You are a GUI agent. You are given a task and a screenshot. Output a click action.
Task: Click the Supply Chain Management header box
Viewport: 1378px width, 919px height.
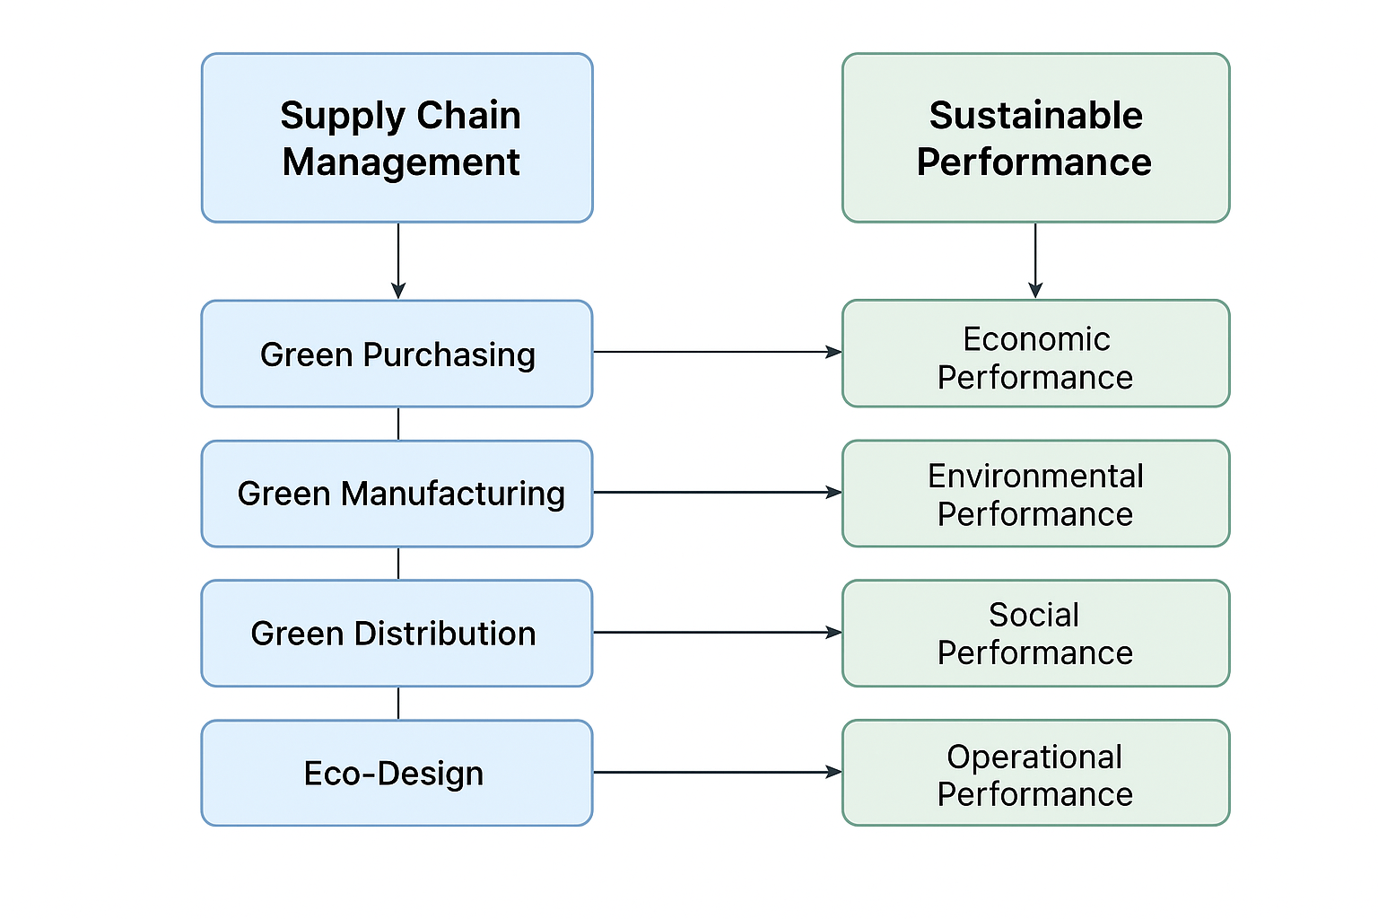[397, 138]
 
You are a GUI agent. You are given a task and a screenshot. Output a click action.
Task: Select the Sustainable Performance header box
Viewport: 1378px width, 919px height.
[1036, 138]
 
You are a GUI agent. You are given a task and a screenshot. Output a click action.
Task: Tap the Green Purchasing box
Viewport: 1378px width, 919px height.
[397, 354]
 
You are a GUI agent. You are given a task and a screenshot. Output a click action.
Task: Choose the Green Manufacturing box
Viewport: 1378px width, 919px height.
[397, 494]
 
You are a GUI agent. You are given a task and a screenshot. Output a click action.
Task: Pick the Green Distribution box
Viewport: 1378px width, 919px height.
[397, 634]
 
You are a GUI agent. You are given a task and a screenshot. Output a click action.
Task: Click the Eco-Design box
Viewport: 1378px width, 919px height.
[397, 773]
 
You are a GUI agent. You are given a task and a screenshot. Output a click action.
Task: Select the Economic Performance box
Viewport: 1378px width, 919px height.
[1036, 354]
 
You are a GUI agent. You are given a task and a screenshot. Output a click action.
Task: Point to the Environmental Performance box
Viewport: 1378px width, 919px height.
[1036, 494]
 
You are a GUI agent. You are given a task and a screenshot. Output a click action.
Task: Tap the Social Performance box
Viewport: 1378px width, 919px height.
[1036, 634]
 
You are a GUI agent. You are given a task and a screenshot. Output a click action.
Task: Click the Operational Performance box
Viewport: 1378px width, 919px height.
[1036, 773]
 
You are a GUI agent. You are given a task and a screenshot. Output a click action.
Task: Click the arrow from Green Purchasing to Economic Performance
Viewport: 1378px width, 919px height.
[718, 352]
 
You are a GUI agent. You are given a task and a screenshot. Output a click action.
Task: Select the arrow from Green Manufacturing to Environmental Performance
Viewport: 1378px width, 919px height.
[718, 493]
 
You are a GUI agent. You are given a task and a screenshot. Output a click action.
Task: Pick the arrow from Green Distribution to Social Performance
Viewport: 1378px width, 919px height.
[718, 632]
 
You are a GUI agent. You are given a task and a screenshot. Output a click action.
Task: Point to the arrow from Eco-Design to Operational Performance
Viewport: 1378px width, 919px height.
[718, 772]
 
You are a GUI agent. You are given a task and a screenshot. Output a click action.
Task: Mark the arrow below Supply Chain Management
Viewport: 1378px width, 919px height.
[398, 261]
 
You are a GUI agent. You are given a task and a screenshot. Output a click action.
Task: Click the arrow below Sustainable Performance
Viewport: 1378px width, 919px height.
[1035, 261]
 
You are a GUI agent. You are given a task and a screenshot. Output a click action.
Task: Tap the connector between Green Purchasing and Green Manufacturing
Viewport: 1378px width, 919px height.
[398, 424]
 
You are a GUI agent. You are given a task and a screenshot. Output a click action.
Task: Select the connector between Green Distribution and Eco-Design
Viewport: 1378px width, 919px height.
[398, 704]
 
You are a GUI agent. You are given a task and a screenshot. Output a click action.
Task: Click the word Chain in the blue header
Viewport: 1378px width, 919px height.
[469, 115]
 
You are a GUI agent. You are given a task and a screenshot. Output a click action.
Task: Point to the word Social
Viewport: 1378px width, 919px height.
[1034, 614]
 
